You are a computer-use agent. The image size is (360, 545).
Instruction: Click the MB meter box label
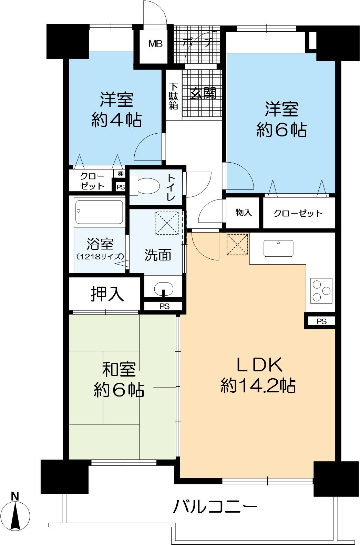[155, 44]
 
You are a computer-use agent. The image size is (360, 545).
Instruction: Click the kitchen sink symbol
[278, 248]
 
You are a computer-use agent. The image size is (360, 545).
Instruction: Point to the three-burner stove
[321, 290]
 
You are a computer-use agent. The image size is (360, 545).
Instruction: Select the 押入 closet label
[107, 294]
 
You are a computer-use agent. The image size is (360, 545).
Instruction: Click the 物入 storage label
[244, 213]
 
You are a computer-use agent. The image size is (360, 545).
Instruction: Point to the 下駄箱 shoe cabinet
[174, 95]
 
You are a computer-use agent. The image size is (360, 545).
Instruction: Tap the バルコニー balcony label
[215, 507]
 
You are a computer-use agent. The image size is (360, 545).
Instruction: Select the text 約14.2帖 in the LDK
[258, 386]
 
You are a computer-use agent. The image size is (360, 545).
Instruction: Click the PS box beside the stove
[321, 321]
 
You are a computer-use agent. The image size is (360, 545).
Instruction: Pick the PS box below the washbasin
[164, 306]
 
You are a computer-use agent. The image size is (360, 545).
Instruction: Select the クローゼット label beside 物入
[298, 214]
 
